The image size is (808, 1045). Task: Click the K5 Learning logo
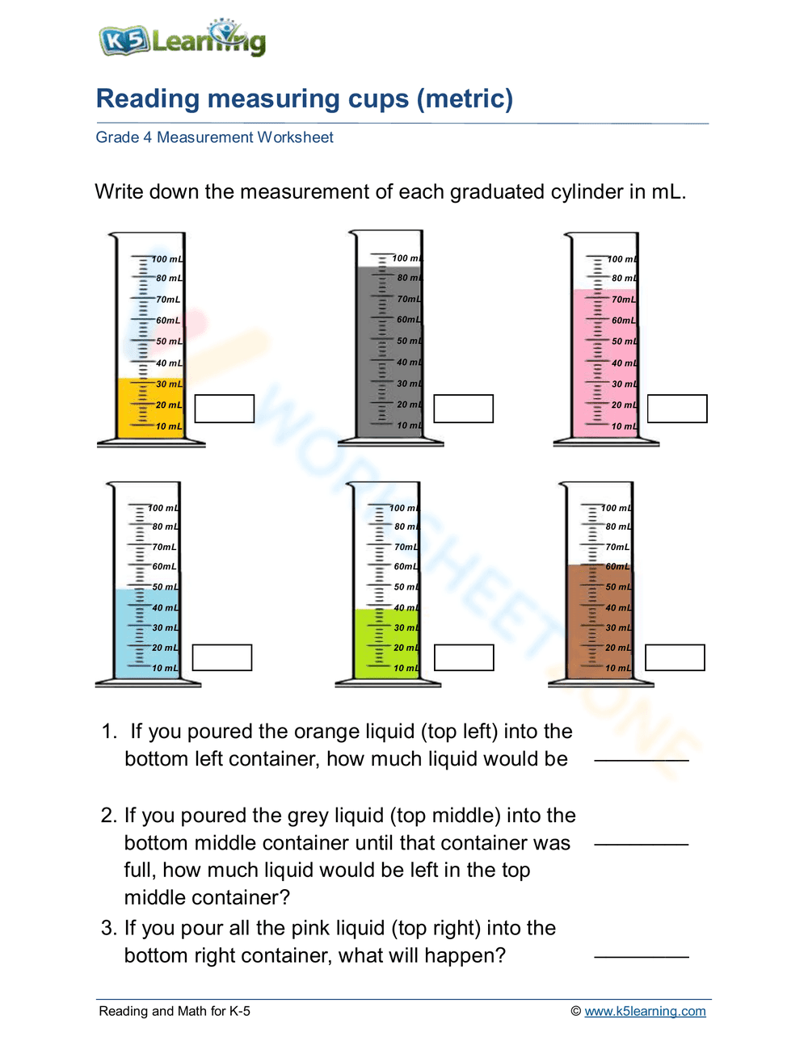pyautogui.click(x=183, y=39)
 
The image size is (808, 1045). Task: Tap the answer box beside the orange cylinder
pyautogui.click(x=225, y=409)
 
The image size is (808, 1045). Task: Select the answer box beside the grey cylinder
pyautogui.click(x=463, y=409)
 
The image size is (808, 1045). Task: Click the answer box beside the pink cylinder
pyautogui.click(x=677, y=409)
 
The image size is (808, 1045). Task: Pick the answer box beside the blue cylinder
pyautogui.click(x=222, y=657)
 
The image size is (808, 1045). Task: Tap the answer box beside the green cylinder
pyautogui.click(x=464, y=657)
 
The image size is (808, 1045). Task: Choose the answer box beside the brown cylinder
pyautogui.click(x=675, y=657)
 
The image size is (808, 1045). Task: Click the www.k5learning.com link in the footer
pyautogui.click(x=645, y=1011)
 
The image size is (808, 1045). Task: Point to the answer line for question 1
pyautogui.click(x=642, y=759)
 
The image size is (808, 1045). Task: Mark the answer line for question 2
pyautogui.click(x=642, y=843)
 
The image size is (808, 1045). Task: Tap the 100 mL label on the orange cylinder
pyautogui.click(x=167, y=259)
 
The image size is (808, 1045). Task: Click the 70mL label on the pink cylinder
pyautogui.click(x=623, y=300)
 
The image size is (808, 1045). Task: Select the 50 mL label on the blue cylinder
pyautogui.click(x=165, y=587)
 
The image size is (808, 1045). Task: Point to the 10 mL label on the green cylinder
pyautogui.click(x=406, y=668)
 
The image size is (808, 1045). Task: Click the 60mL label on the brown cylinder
pyautogui.click(x=617, y=567)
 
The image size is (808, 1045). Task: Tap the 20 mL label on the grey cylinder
pyautogui.click(x=409, y=405)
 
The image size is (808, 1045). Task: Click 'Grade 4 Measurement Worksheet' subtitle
pyautogui.click(x=214, y=137)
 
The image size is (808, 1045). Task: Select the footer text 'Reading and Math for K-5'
pyautogui.click(x=175, y=1011)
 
